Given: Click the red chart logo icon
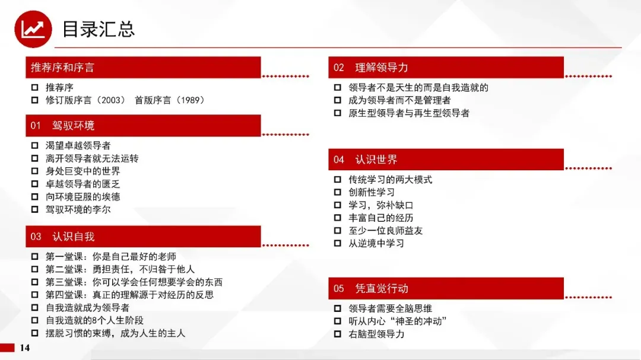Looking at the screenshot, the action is tap(33, 29).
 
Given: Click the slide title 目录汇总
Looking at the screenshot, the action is tap(98, 30).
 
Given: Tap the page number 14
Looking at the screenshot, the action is tap(24, 348).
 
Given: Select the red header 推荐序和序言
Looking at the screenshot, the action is tap(143, 68).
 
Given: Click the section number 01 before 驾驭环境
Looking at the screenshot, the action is tap(36, 126).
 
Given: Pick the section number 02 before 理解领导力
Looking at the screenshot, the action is tap(338, 68).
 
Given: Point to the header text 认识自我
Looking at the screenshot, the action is tap(73, 237).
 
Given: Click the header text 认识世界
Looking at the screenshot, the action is tap(376, 160).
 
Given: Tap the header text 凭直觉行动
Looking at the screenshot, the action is tap(382, 289).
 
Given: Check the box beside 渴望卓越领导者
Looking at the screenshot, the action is tap(35, 145).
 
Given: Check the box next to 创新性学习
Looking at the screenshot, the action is tap(338, 192).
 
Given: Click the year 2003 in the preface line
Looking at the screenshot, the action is tap(110, 100).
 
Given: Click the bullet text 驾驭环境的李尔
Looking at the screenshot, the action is tap(78, 209).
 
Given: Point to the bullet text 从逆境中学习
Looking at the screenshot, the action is tap(376, 244).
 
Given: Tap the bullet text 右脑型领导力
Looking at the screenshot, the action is tap(376, 334).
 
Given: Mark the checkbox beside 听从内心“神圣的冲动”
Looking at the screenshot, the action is tap(338, 321).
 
